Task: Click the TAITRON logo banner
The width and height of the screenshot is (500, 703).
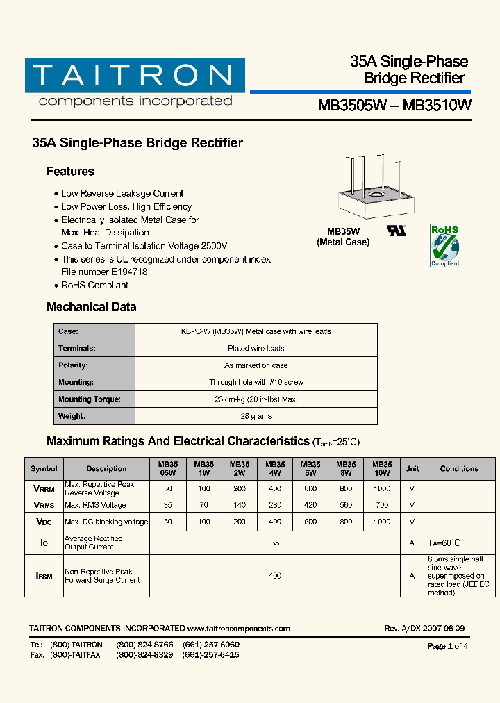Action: point(135,76)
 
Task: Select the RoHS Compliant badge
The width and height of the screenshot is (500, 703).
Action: point(444,245)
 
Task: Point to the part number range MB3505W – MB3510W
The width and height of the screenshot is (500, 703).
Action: point(394,106)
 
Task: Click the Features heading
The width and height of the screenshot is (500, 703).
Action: point(70,172)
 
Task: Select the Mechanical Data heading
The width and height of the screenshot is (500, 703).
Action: point(91,306)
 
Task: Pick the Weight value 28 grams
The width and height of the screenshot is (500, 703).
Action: point(256,416)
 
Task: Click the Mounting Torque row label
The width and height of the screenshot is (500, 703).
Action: point(90,399)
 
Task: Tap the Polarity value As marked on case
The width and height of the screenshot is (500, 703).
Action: point(256,365)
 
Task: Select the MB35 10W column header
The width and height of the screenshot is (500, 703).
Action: point(382,468)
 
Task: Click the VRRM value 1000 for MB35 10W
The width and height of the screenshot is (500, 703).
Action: point(382,488)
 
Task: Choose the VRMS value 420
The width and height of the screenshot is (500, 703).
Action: point(310,505)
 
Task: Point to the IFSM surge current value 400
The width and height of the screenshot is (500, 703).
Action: point(275,576)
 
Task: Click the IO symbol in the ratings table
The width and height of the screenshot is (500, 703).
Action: point(44,543)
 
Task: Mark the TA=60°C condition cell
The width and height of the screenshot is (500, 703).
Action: point(444,543)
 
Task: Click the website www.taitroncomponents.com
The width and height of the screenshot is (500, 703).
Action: point(238,629)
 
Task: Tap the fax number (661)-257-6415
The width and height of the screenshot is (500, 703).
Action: point(211,655)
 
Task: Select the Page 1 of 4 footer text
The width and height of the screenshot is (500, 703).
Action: point(448,646)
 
